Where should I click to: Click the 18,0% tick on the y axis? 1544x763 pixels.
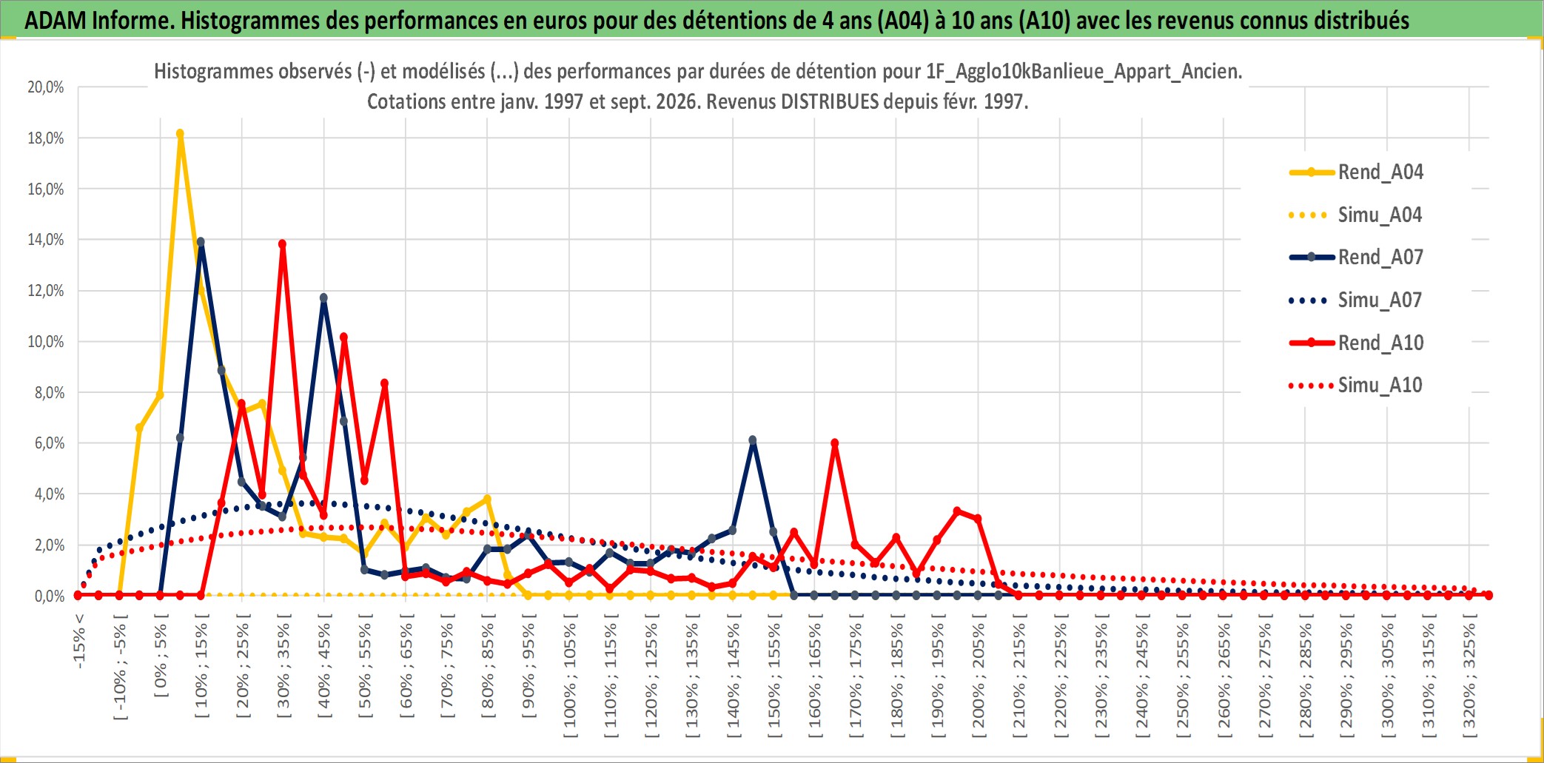46,138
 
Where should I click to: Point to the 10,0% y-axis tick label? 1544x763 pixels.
46,342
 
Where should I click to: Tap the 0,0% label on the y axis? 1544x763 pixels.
50,596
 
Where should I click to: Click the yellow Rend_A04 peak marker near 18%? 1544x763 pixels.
180,134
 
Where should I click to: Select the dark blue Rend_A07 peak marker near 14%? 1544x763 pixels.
201,242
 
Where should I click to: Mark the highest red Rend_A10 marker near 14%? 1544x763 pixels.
282,243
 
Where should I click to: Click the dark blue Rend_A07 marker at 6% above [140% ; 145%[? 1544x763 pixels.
753,440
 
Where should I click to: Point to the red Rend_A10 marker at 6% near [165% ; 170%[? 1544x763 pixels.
835,443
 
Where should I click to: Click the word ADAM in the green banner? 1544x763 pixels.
54,20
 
